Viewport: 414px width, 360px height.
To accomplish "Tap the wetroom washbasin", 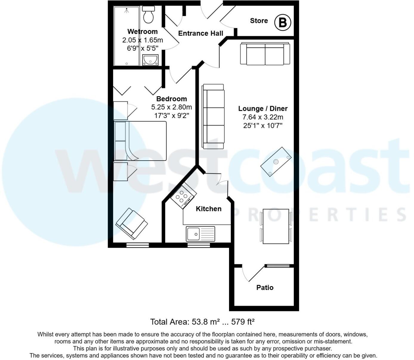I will click(x=150, y=60).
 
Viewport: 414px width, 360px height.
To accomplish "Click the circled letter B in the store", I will click(x=282, y=22).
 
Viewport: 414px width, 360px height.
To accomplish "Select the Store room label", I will click(x=259, y=21).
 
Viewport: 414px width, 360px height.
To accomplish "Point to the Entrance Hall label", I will click(x=200, y=33).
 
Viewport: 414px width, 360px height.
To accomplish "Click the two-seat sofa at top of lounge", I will click(x=265, y=54).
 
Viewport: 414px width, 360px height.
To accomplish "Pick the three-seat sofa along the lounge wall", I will click(x=213, y=116).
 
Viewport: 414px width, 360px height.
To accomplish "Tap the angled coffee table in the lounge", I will click(x=276, y=162).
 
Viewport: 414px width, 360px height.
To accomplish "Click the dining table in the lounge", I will click(x=276, y=226).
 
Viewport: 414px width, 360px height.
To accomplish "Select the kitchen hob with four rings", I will click(x=183, y=196).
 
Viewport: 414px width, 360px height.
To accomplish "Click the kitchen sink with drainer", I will click(x=200, y=234).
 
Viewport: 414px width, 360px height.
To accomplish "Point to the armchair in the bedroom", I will click(x=132, y=224).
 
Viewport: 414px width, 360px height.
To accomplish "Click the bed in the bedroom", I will click(x=140, y=141).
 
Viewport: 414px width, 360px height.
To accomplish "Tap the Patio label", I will click(x=265, y=288).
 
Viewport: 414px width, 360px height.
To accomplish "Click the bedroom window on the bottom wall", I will click(x=138, y=245).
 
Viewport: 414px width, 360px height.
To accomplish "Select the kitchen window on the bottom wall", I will click(x=198, y=245).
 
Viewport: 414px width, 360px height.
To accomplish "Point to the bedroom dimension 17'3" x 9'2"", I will click(x=172, y=116).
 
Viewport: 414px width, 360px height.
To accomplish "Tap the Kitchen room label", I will click(x=208, y=209).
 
